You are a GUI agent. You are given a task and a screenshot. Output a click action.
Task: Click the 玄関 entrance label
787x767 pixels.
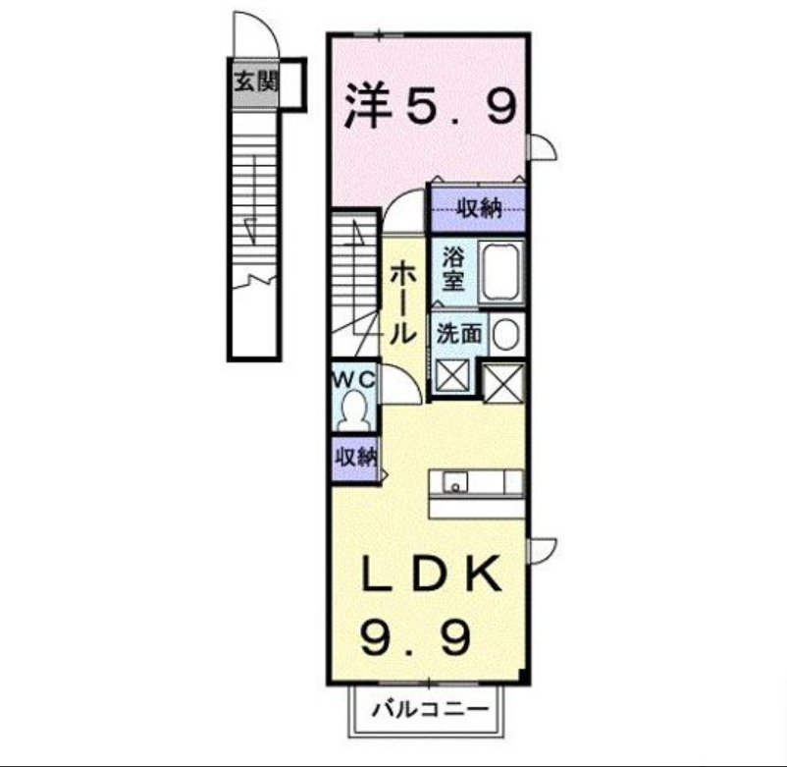[x=255, y=82]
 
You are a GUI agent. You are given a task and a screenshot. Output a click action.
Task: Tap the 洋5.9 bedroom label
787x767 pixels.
[x=430, y=107]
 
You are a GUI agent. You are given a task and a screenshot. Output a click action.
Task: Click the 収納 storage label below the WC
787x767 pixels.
[x=355, y=458]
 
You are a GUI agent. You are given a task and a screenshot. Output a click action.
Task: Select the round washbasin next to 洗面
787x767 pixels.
[x=505, y=336]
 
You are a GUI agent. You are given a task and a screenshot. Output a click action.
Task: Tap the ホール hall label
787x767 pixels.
[x=402, y=301]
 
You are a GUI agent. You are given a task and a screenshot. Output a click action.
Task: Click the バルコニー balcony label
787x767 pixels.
[x=428, y=709]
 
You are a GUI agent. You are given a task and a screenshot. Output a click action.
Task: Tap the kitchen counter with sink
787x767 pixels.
[x=476, y=483]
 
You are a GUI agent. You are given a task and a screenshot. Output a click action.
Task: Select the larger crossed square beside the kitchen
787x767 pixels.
[x=504, y=382]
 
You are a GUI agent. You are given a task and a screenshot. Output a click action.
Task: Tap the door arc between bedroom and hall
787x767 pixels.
[x=403, y=211]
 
